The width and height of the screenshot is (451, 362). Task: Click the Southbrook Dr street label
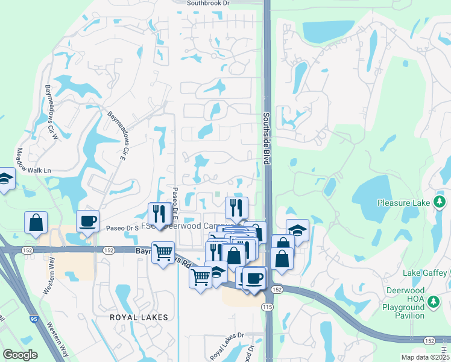[x=209, y=3]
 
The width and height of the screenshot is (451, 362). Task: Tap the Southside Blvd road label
[x=265, y=138]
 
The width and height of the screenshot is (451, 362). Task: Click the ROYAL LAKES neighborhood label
[x=134, y=316]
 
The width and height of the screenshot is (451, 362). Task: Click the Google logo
[x=20, y=355]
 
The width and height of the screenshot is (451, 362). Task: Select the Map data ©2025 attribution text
[x=425, y=357]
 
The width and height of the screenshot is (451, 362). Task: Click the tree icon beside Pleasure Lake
[x=440, y=202]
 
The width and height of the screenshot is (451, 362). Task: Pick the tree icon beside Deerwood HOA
[x=432, y=300]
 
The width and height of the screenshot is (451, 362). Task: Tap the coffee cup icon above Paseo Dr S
[x=88, y=220]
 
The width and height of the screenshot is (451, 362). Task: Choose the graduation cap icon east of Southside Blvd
[x=297, y=229]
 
